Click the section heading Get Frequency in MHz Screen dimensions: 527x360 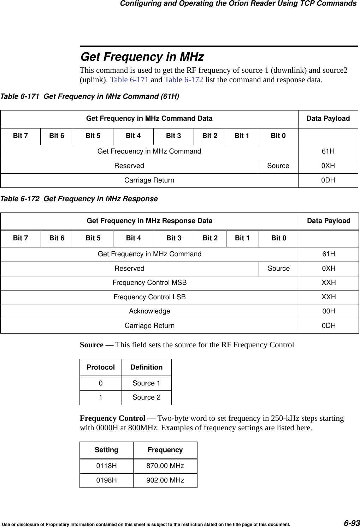(x=142, y=57)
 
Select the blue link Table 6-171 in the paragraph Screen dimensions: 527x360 (x=129, y=80)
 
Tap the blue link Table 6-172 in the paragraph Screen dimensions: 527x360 (x=184, y=80)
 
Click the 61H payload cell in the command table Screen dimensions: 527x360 (x=328, y=151)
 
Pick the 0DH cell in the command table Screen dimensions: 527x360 (x=328, y=180)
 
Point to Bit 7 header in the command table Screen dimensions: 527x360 (x=20, y=136)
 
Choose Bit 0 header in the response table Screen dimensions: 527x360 (x=279, y=238)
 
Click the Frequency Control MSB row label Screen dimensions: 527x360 (x=149, y=283)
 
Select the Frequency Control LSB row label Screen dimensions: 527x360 (x=149, y=297)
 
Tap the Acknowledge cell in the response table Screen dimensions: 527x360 (x=149, y=311)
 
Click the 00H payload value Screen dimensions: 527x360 (x=329, y=311)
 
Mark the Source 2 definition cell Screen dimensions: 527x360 (x=146, y=397)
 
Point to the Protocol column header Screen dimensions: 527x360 (x=101, y=367)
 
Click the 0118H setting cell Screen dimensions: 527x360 (x=107, y=466)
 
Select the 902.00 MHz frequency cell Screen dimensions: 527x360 (x=165, y=480)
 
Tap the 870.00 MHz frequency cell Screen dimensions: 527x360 (x=165, y=466)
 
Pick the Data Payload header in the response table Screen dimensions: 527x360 (x=329, y=221)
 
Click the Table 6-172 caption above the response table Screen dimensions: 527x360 (x=79, y=199)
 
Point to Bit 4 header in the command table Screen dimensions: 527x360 (x=133, y=136)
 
